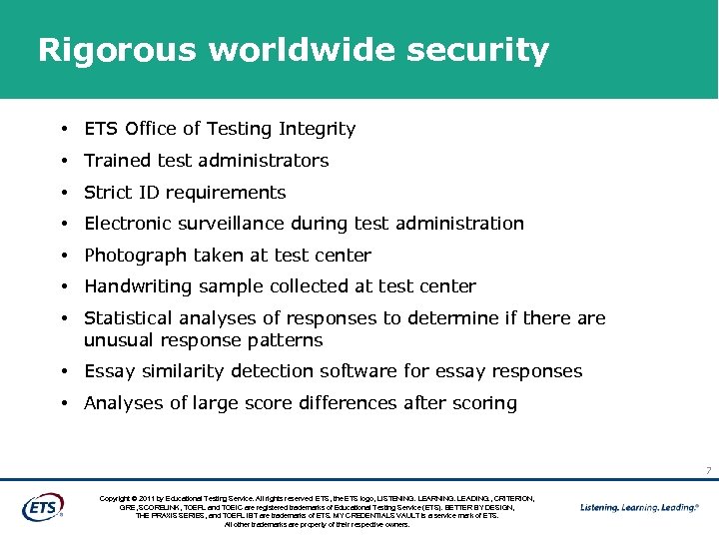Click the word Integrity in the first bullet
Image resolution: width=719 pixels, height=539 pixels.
tap(317, 129)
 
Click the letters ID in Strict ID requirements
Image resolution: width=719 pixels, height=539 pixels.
tap(147, 193)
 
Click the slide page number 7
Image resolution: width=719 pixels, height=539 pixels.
tap(707, 470)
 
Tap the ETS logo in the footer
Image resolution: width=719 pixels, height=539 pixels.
tap(42, 507)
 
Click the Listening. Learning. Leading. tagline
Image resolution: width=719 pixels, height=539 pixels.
tap(640, 507)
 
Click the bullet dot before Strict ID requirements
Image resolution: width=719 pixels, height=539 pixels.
tap(63, 193)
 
